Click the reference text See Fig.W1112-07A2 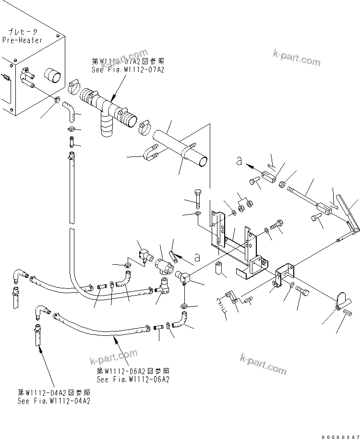pos(128,70)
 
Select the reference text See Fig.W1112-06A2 pos(132,380)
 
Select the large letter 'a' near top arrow pos(239,162)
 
